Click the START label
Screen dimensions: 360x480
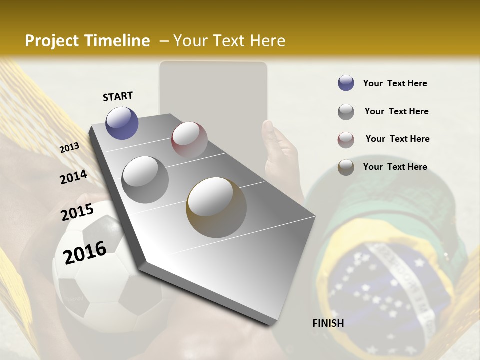click(118, 96)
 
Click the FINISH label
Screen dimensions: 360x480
click(328, 323)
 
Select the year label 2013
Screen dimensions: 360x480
click(69, 148)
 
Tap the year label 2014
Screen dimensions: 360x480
click(73, 177)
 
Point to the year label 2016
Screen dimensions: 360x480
click(85, 252)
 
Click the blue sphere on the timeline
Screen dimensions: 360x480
click(122, 123)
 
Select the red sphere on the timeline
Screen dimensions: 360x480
click(189, 139)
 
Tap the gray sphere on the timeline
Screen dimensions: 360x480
click(145, 179)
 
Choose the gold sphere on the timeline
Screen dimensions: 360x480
click(216, 207)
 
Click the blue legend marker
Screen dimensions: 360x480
click(346, 83)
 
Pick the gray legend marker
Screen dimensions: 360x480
click(346, 112)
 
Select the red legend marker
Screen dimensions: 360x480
click(346, 139)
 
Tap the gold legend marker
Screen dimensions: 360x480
click(346, 167)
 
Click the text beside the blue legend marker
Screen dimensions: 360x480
click(395, 83)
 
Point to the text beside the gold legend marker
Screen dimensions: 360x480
click(395, 167)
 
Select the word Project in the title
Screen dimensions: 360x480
click(52, 41)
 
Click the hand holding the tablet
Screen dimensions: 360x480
click(280, 150)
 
